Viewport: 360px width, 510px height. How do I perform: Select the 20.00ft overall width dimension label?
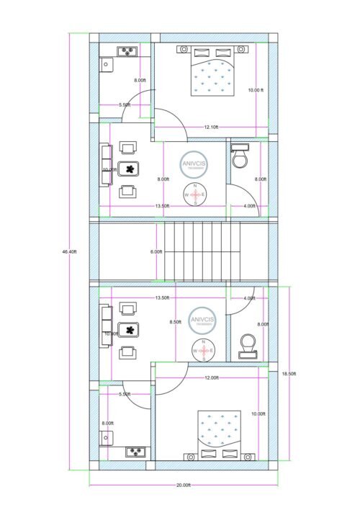(184, 486)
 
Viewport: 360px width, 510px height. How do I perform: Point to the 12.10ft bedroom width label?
(211, 127)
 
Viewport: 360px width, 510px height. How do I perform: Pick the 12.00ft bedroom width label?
(211, 377)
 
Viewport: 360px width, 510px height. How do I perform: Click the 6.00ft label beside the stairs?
(156, 251)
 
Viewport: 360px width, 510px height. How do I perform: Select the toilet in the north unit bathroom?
(240, 156)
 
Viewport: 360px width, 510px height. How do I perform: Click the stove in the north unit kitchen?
(129, 50)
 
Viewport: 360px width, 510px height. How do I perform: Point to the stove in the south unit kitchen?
(136, 452)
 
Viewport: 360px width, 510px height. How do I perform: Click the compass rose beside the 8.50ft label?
(202, 349)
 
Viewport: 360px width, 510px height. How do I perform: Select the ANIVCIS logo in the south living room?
(202, 319)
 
